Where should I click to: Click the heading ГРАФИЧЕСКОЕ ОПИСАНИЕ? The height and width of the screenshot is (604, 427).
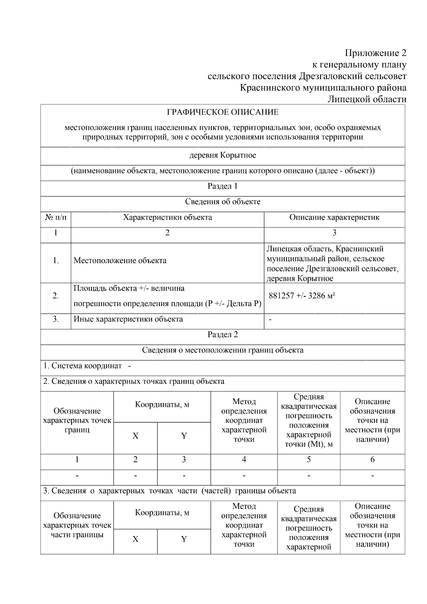(x=223, y=112)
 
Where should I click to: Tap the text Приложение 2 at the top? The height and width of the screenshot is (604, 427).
(x=375, y=53)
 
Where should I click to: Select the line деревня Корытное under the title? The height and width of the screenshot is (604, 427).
(x=223, y=156)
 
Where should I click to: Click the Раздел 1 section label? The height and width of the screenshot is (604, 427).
(x=223, y=186)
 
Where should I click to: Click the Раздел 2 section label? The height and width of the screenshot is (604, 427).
(x=223, y=335)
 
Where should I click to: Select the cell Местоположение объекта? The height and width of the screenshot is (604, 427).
(x=120, y=261)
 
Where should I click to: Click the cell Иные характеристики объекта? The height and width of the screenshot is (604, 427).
(x=128, y=319)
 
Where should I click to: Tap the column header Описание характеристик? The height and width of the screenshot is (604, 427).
(x=334, y=217)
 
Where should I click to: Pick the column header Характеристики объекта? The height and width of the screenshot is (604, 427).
(x=167, y=217)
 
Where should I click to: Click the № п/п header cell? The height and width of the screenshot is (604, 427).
(x=56, y=217)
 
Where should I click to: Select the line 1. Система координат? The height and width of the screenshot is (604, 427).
(x=83, y=366)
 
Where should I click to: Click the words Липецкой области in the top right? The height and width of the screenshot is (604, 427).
(x=367, y=99)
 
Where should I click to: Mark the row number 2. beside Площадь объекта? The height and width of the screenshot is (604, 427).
(x=56, y=296)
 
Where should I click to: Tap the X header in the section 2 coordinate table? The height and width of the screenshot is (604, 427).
(x=135, y=436)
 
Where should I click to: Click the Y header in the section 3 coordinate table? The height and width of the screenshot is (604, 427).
(x=184, y=539)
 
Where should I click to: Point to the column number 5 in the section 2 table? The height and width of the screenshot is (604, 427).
(x=309, y=459)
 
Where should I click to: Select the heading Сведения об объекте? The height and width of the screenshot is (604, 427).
(x=223, y=202)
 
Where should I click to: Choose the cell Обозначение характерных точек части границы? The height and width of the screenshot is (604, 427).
(x=77, y=525)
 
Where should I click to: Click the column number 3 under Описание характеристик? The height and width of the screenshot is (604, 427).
(x=334, y=233)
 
